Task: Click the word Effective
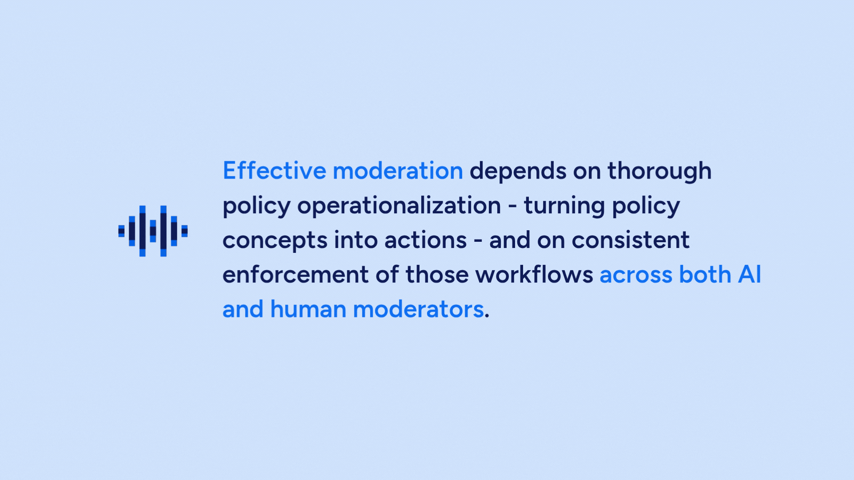274,171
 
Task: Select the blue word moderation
398,171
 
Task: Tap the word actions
426,240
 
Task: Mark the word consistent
630,240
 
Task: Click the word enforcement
295,275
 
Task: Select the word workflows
534,275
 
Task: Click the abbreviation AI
750,275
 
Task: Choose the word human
308,309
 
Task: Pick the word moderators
418,309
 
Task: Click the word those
437,275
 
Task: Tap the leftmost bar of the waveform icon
121,231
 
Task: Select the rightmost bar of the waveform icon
185,231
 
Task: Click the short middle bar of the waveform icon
153,231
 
